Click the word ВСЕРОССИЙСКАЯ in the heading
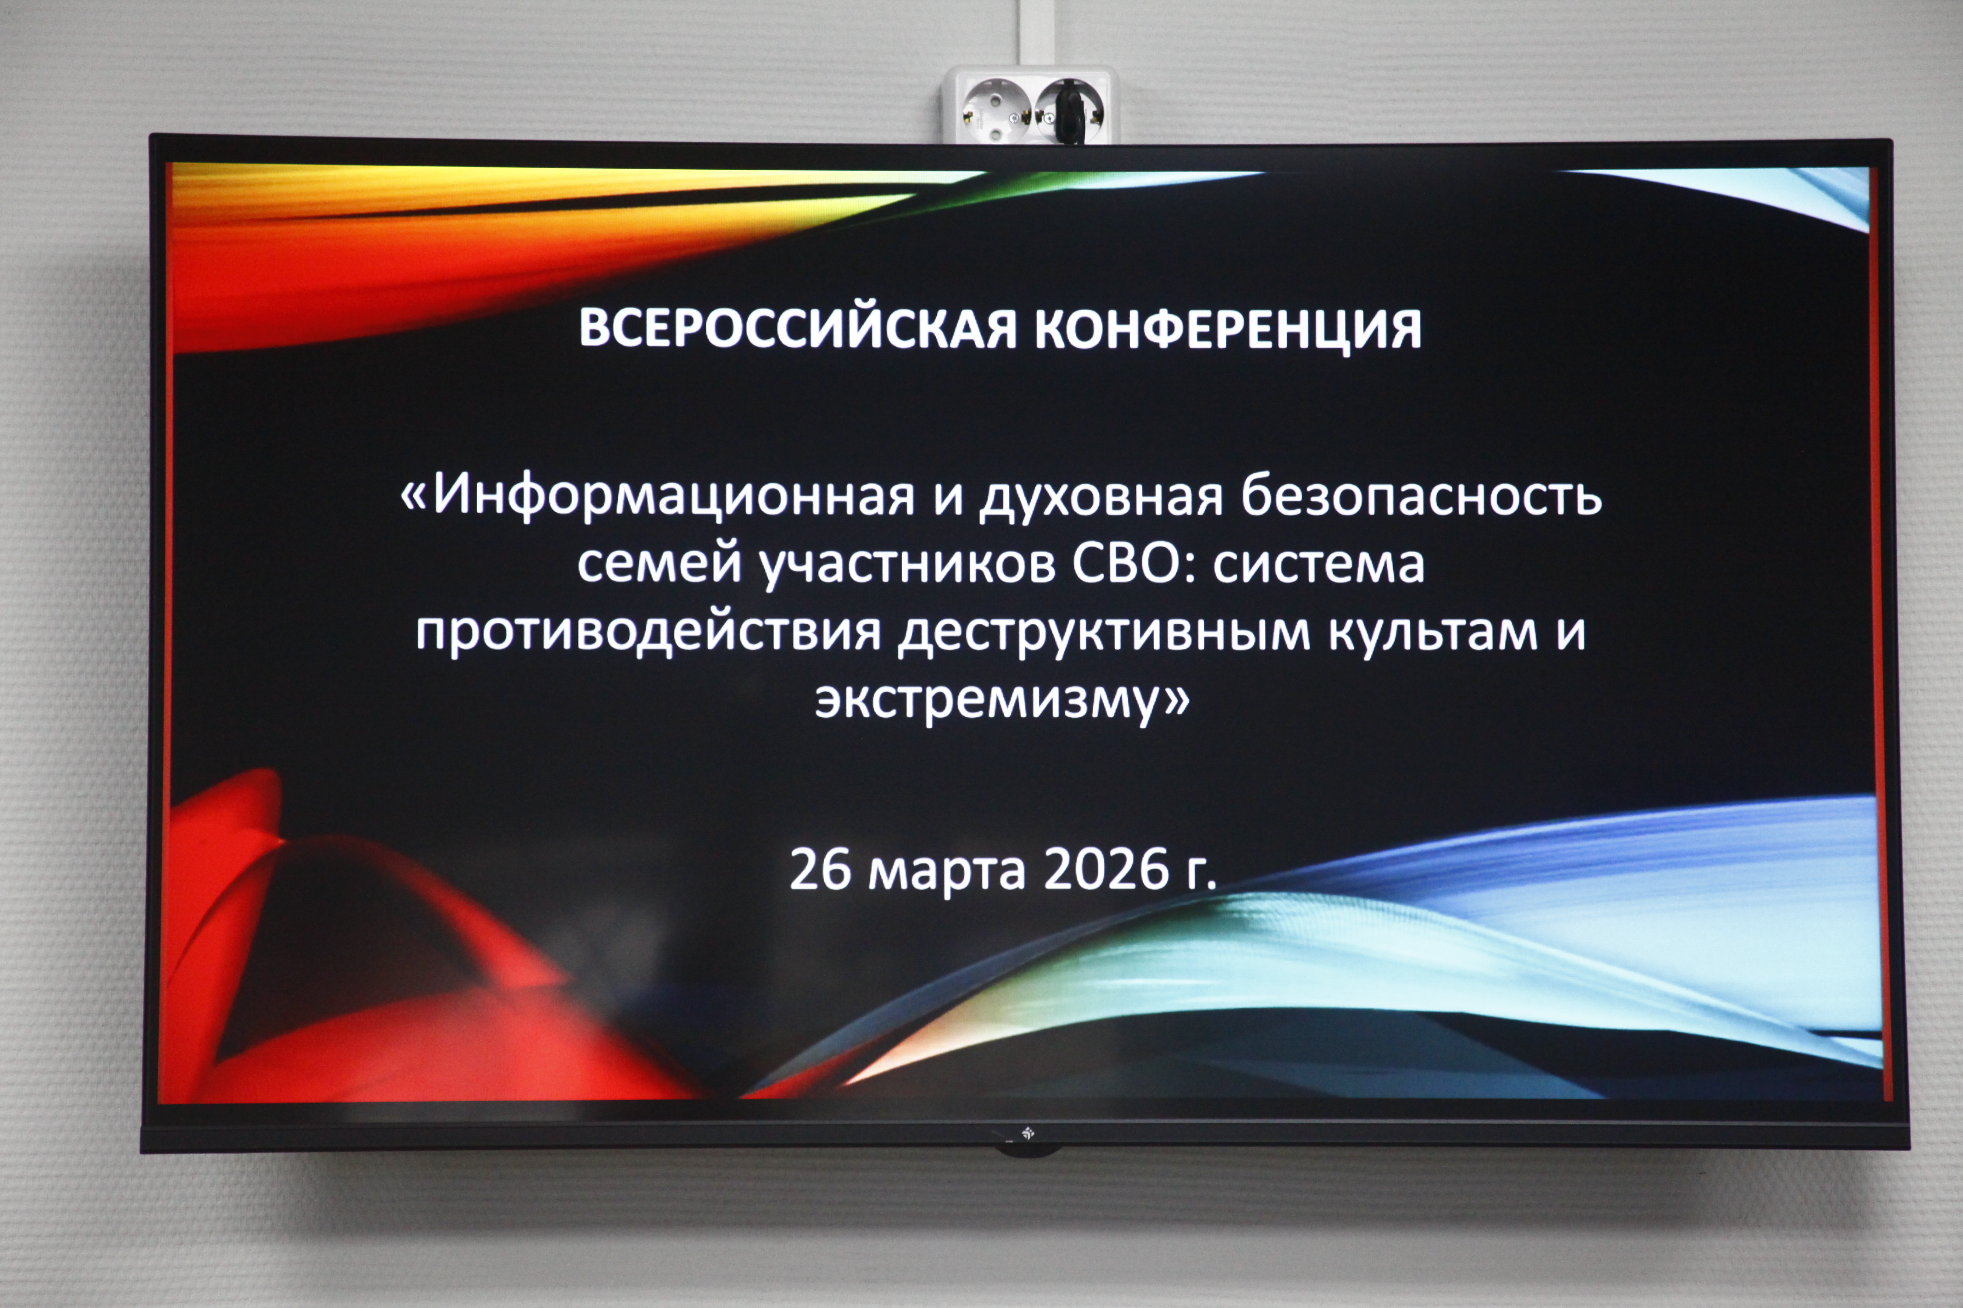(798, 328)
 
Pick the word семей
(659, 565)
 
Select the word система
(1319, 565)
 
